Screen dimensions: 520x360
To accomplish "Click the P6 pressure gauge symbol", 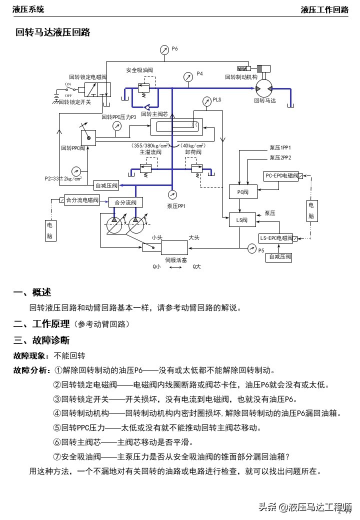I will click(x=164, y=49).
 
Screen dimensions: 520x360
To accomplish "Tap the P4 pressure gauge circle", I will click(x=188, y=76).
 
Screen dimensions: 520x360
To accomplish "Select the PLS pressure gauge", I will click(x=206, y=101).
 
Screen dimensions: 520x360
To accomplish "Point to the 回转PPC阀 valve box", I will click(x=88, y=136).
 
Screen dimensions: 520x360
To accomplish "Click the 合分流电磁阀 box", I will click(x=81, y=200).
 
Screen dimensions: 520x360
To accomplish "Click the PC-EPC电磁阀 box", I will click(x=281, y=176).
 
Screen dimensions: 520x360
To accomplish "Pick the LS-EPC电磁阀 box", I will click(x=276, y=238).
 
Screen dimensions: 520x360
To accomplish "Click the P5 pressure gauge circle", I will click(x=251, y=247).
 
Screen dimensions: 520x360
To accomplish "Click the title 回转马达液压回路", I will click(x=52, y=32).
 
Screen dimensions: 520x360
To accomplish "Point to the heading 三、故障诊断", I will click(x=41, y=340).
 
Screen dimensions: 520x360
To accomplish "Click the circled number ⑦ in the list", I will click(x=57, y=456).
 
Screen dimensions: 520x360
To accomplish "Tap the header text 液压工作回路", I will click(x=324, y=9).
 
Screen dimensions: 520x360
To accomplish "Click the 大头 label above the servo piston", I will click(x=194, y=238).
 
